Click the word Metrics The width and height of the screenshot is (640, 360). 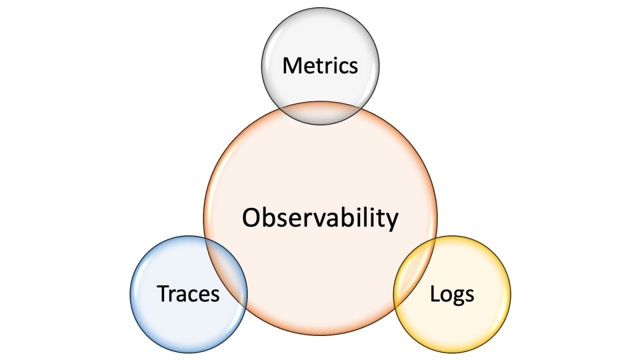320,66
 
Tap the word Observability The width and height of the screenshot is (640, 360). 320,218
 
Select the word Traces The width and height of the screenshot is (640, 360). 188,293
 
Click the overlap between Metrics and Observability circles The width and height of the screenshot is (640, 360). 320,113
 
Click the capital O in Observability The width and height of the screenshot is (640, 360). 251,218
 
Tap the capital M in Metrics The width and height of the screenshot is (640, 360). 292,65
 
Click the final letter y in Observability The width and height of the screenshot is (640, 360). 392,221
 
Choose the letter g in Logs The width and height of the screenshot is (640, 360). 457,296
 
